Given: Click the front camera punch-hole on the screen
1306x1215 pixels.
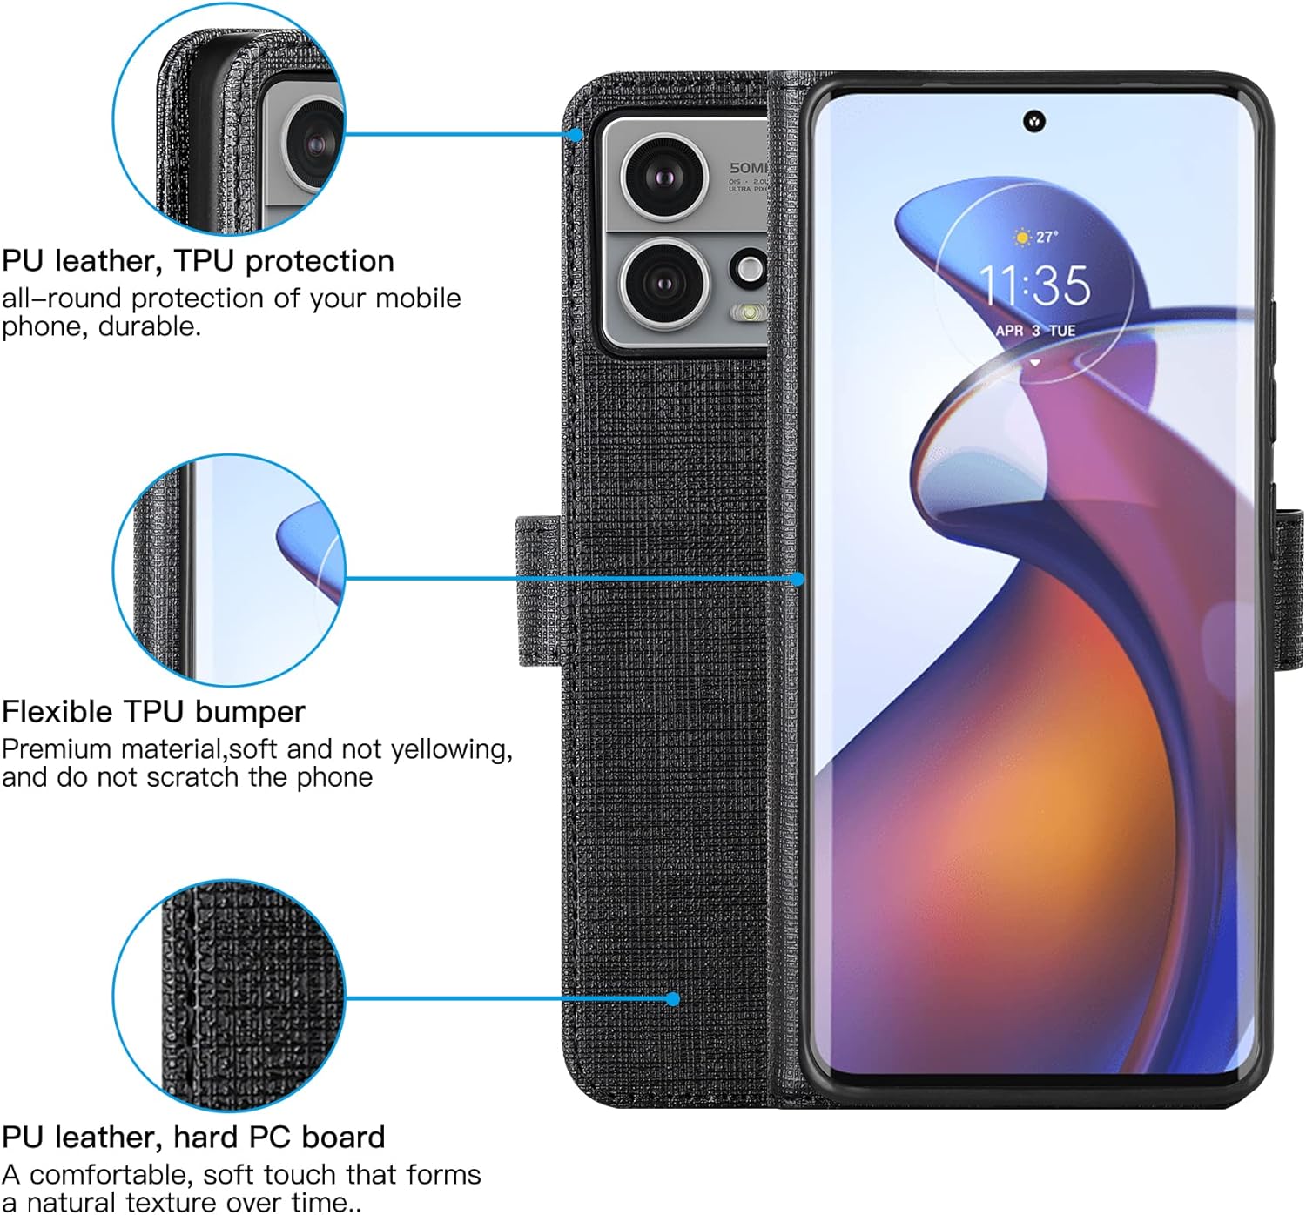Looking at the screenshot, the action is pos(1034,121).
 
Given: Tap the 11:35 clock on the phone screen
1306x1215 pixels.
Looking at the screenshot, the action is pos(1034,285).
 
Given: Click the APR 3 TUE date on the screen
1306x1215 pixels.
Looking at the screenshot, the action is pos(1034,331).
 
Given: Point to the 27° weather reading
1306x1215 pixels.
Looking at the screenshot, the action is pos(1036,237).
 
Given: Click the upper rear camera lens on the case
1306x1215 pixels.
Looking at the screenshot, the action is pos(664,177).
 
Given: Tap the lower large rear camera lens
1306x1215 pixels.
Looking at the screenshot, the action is pos(663,282).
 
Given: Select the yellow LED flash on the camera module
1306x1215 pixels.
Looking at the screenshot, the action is pos(750,311).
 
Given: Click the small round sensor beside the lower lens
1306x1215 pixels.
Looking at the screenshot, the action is pos(750,269).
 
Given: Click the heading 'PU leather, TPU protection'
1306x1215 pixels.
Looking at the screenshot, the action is pos(198,260).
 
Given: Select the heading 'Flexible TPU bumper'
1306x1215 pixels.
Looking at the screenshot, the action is pos(153,711).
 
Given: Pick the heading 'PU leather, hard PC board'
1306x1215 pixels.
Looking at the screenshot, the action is pos(193,1137).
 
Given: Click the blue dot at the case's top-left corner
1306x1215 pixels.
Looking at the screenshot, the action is pos(576,135).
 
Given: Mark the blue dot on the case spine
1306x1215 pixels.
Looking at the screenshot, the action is pos(798,579).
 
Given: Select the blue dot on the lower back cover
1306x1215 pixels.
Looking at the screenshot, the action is pos(672,999).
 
